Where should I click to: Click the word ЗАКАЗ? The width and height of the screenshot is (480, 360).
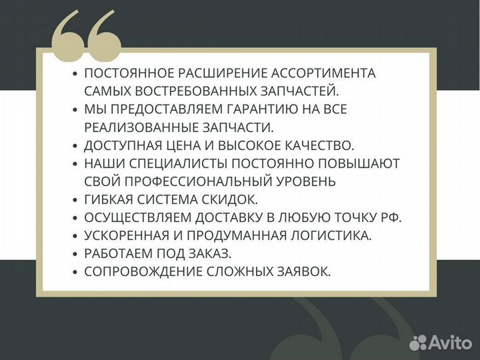tap(207, 253)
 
